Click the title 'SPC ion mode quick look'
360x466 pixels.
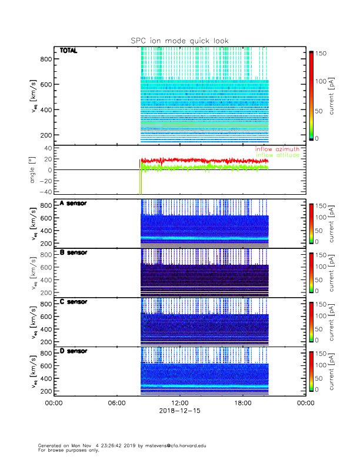click(179, 41)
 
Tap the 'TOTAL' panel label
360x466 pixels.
click(69, 51)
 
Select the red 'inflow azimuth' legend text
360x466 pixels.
click(277, 149)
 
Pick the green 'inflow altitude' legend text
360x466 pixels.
click(278, 155)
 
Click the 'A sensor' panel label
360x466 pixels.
click(73, 204)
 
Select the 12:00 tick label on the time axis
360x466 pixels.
click(179, 403)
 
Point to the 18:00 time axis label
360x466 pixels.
click(242, 403)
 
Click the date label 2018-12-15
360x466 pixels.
click(179, 411)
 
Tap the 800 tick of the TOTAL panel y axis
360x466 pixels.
click(46, 59)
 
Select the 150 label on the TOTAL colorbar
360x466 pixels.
click(322, 53)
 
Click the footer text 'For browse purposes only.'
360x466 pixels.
click(67, 450)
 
